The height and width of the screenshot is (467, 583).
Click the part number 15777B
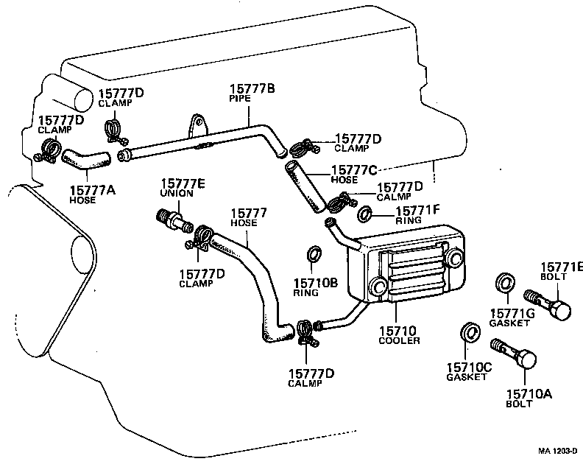(251, 88)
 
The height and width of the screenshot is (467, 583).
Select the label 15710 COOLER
(399, 334)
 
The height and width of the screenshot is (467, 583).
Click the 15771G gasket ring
(504, 282)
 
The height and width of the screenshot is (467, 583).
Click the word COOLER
(399, 341)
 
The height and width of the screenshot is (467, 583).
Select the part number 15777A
(93, 189)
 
